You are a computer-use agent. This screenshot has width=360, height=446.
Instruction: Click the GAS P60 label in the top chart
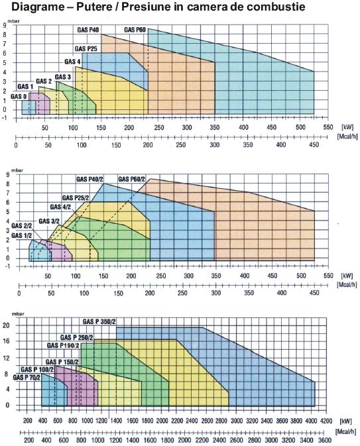point(135,30)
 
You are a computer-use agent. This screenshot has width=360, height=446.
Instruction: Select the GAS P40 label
point(88,30)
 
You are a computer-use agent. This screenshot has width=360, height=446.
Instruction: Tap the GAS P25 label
point(86,49)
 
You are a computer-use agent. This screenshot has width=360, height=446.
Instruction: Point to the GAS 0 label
point(19,97)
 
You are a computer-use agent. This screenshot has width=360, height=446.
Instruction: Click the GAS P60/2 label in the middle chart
point(131,179)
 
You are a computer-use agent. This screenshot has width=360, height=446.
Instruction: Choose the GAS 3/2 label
point(49,221)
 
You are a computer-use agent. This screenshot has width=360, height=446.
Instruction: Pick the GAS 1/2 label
point(22,235)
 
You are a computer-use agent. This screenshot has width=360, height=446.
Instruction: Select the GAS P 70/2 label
point(27,378)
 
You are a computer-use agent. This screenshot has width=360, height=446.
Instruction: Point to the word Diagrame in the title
point(38,7)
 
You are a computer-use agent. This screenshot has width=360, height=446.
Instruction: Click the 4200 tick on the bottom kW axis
point(326,421)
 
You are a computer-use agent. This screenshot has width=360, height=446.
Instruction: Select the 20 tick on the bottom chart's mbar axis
point(6,325)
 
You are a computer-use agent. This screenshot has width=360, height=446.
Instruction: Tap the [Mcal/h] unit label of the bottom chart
point(346,432)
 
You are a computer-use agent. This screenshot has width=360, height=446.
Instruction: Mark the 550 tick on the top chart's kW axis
point(328,127)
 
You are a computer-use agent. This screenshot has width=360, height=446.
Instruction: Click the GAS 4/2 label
point(60,207)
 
